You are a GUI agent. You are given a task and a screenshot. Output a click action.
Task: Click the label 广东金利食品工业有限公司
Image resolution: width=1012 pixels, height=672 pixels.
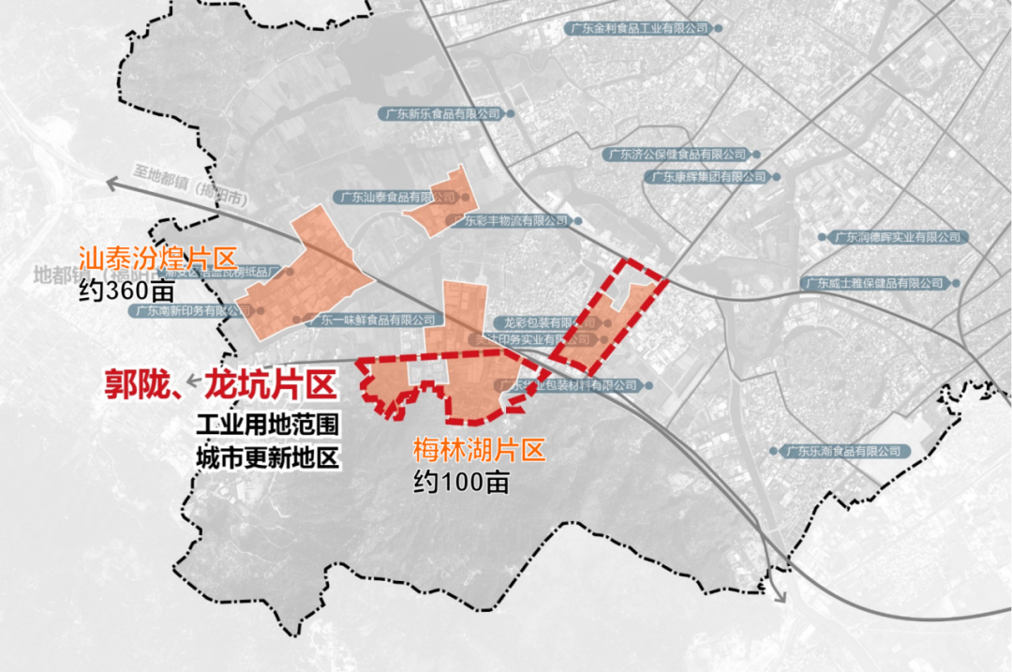638,29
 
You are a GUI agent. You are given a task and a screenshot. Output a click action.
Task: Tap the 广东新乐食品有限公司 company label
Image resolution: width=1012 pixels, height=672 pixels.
441,113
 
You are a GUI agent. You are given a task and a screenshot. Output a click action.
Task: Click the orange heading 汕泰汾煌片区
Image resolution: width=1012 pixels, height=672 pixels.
157,257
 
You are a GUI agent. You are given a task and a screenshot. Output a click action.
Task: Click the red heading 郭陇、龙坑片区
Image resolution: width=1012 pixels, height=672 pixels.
217,385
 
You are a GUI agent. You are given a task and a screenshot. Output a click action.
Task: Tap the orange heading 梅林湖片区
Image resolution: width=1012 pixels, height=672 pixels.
479,451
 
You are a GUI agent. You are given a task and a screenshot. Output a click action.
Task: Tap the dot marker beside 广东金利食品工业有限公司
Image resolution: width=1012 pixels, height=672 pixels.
719,29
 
